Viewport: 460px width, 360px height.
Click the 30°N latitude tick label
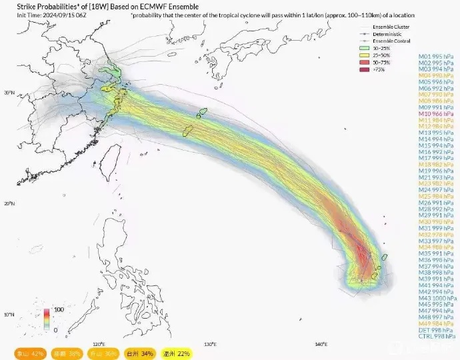[x=9, y=93]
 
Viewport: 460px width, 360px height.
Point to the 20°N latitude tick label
[x=9, y=203]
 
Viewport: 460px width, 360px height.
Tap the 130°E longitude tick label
[x=209, y=344]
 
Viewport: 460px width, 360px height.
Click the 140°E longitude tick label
[x=319, y=344]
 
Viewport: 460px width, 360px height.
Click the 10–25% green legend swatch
[x=364, y=49]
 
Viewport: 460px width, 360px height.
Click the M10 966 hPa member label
[x=437, y=115]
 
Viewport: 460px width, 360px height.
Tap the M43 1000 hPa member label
[x=437, y=298]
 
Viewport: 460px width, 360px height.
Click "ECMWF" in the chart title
[x=139, y=7]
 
